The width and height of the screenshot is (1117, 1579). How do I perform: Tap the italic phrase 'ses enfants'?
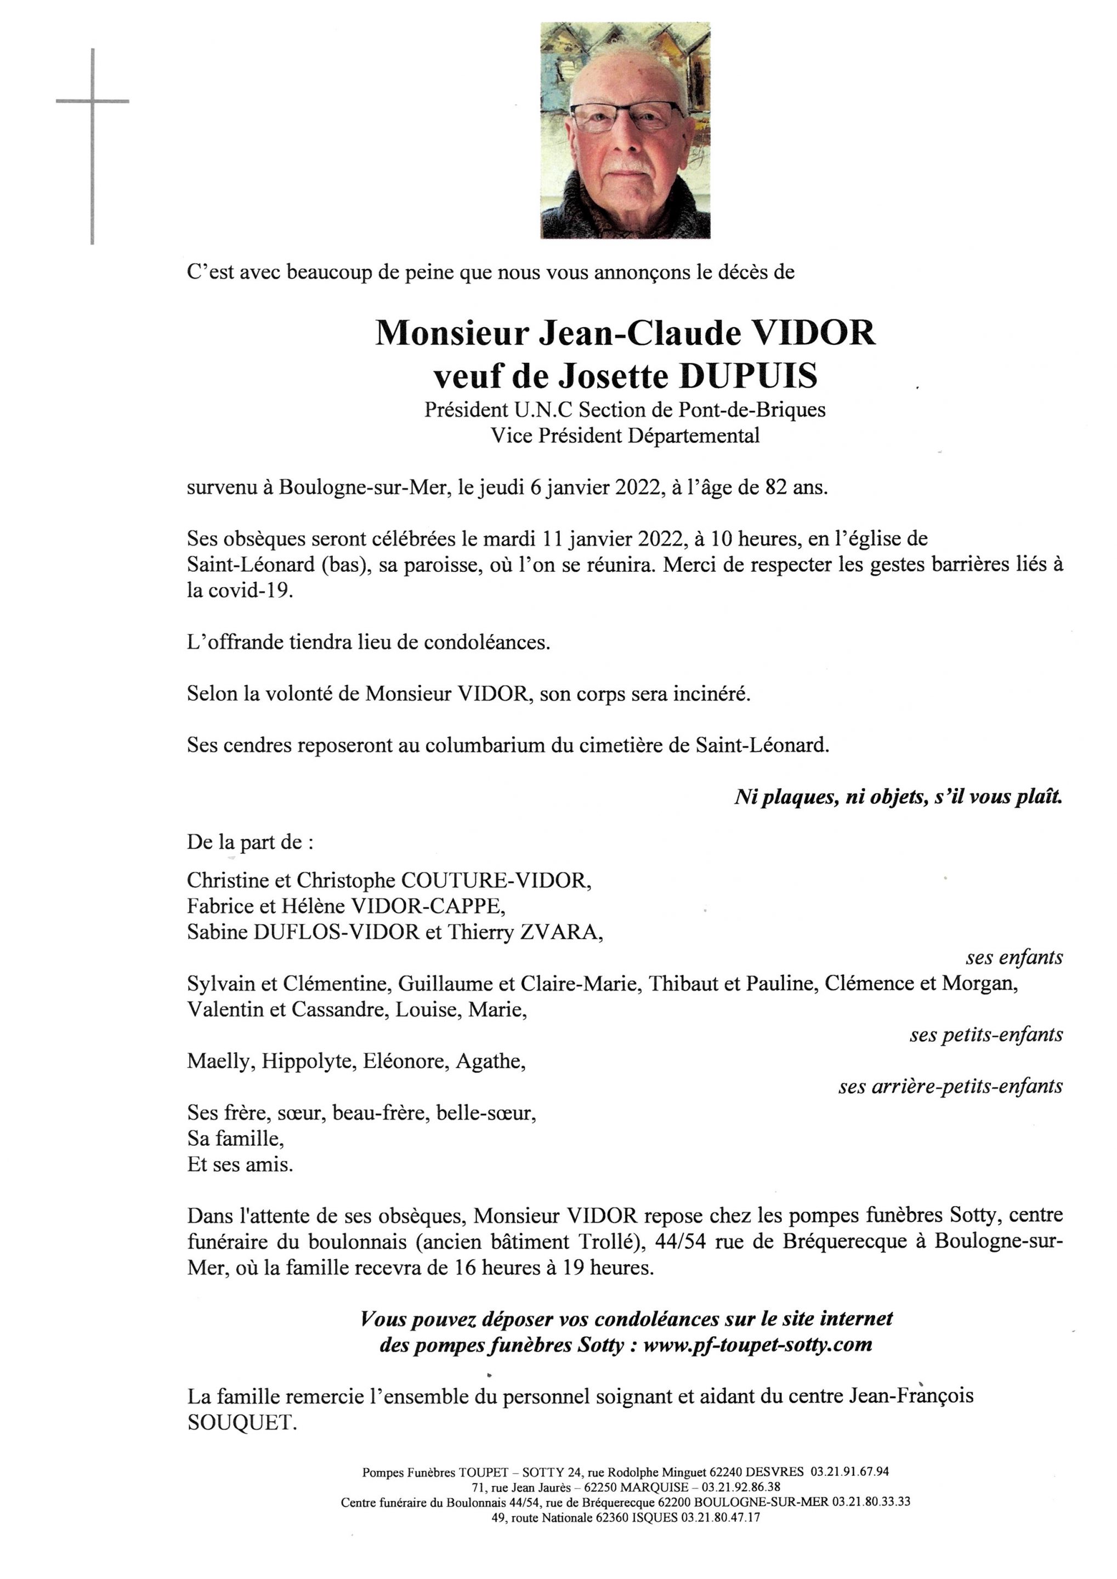pyautogui.click(x=1014, y=957)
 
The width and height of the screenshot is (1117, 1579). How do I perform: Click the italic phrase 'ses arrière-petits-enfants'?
pyautogui.click(x=950, y=1086)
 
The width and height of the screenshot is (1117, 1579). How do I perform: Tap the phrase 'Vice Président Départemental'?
pyautogui.click(x=625, y=435)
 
